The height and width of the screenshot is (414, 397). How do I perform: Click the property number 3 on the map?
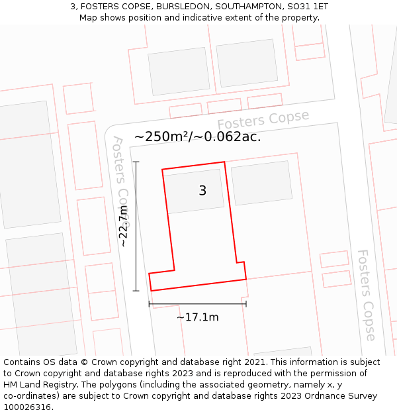(202, 191)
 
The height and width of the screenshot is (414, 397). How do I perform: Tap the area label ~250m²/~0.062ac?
(197, 137)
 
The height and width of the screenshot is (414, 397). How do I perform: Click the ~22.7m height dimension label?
(123, 226)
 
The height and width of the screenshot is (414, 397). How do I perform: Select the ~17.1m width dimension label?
(197, 317)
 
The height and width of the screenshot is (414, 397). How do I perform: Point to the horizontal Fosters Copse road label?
(263, 121)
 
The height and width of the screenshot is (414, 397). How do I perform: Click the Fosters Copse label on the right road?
(366, 295)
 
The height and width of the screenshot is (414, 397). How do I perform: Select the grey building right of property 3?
(262, 182)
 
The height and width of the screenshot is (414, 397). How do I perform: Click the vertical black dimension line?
(136, 226)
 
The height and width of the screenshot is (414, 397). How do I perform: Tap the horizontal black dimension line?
(197, 304)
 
